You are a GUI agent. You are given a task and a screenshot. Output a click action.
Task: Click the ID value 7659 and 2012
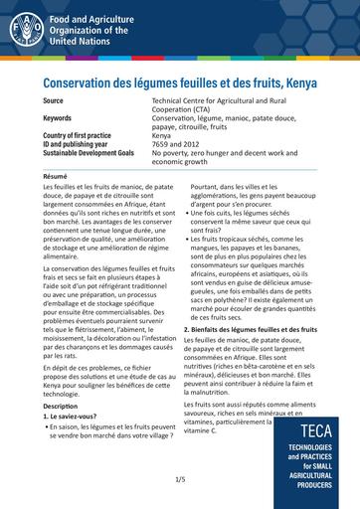pyautogui.click(x=176, y=145)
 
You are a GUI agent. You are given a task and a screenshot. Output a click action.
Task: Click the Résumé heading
pyautogui.click(x=56, y=176)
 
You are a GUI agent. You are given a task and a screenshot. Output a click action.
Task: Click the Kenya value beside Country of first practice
pyautogui.click(x=162, y=136)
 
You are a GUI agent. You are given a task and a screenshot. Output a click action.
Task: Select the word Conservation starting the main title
pyautogui.click(x=83, y=83)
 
